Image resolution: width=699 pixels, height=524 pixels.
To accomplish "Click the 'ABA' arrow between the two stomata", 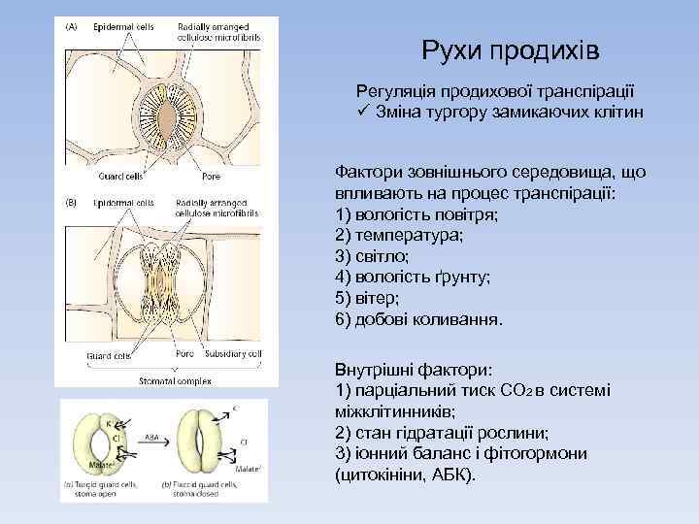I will point(152,442).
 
